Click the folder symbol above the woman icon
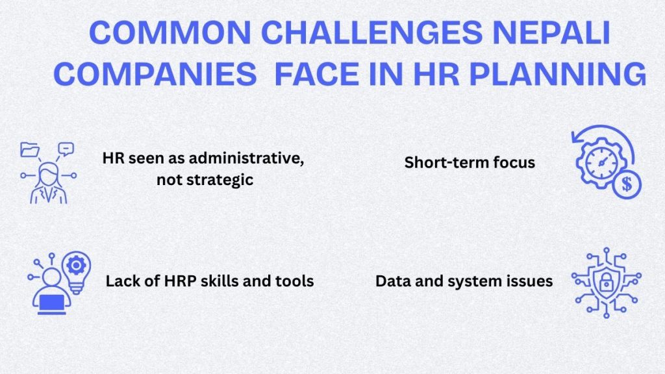point(30,151)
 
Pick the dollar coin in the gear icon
point(627,184)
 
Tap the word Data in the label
point(392,281)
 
